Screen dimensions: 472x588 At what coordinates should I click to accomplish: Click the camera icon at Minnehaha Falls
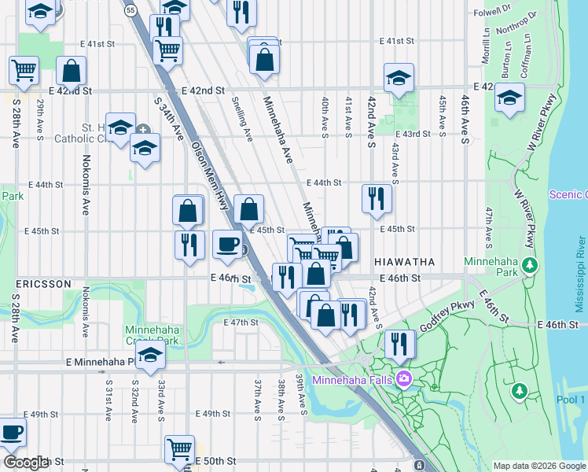click(x=404, y=379)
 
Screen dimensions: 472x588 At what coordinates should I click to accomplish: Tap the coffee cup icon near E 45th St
click(x=227, y=244)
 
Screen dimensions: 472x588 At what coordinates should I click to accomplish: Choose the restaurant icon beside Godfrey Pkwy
click(x=400, y=343)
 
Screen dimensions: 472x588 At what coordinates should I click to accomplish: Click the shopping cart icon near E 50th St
click(x=179, y=449)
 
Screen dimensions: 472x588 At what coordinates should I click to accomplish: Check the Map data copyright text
click(x=538, y=466)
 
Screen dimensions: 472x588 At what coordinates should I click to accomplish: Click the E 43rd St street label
click(x=413, y=134)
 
